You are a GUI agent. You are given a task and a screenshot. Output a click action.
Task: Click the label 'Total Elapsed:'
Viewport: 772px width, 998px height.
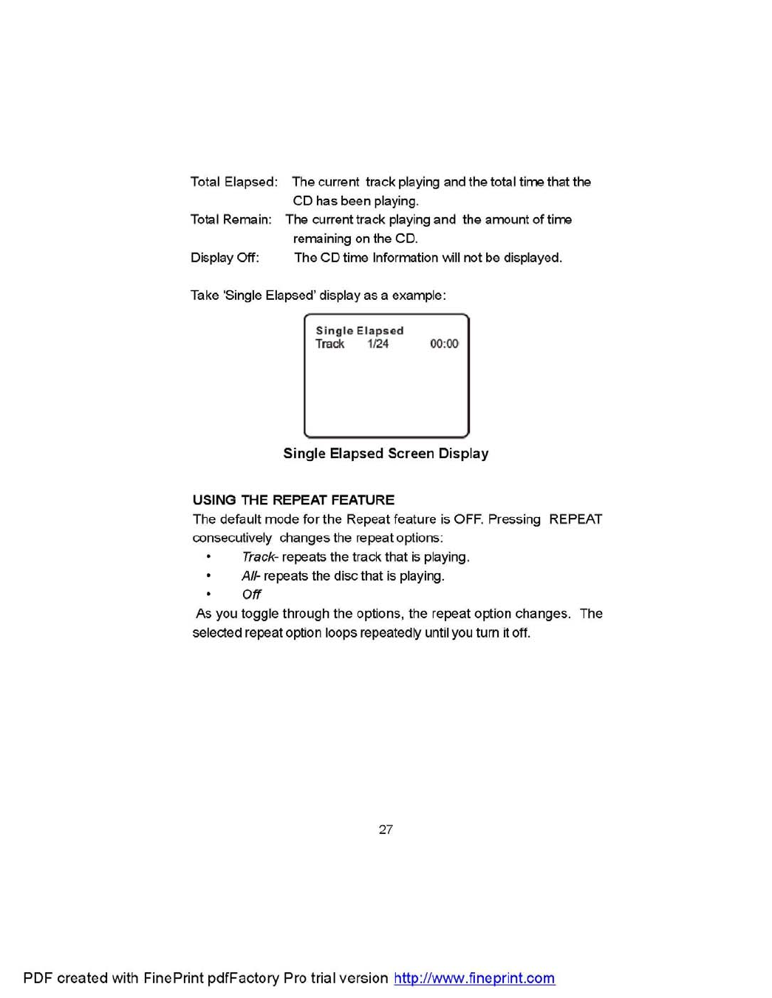(233, 182)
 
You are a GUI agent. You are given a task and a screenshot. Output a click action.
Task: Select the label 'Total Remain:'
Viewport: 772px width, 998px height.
(230, 219)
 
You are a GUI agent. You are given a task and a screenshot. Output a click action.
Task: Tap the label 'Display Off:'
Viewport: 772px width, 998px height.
(225, 258)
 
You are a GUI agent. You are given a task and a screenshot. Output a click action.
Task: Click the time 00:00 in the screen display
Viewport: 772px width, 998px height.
(444, 344)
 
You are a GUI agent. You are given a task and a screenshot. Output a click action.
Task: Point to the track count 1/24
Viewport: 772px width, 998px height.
(378, 344)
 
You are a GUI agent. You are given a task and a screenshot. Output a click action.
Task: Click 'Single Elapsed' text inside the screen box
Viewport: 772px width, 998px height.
(359, 330)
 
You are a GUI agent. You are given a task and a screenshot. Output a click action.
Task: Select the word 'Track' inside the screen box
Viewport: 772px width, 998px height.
(329, 344)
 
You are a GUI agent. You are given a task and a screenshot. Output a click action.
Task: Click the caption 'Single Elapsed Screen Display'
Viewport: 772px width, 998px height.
(386, 454)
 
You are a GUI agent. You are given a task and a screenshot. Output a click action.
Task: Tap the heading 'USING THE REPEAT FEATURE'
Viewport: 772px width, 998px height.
(293, 500)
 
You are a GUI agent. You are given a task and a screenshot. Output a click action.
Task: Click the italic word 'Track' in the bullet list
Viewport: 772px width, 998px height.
(258, 557)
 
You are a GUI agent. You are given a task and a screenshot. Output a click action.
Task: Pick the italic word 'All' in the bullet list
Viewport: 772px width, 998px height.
(250, 576)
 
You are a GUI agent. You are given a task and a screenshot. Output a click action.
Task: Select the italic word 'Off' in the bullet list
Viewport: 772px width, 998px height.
(251, 595)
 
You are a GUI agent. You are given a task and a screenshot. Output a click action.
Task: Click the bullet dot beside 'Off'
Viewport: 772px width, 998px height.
(209, 595)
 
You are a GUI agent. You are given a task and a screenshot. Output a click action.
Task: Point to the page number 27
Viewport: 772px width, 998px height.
(386, 830)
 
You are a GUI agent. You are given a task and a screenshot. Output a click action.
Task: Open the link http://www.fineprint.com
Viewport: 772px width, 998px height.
(474, 978)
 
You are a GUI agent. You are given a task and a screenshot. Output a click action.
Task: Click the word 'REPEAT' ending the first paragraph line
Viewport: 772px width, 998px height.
(575, 519)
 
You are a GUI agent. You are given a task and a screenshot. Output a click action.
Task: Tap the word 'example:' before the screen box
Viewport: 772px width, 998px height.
(419, 295)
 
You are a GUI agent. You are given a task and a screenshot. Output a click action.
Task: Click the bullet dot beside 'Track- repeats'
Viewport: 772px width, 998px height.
(209, 557)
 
